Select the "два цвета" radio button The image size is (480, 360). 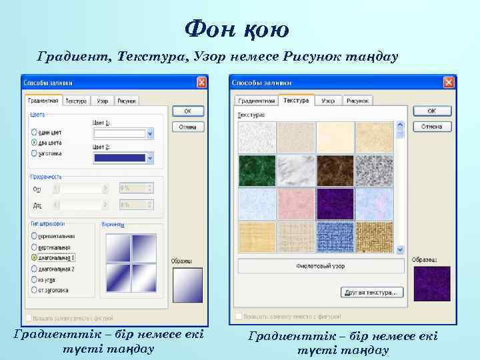click(34, 143)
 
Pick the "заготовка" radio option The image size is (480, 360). click(34, 153)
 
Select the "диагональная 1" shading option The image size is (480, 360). click(34, 257)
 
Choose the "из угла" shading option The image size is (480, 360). click(34, 279)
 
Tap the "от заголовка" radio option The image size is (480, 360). click(34, 291)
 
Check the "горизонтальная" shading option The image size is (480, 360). click(34, 235)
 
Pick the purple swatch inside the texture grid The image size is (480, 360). click(335, 203)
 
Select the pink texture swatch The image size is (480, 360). click(295, 203)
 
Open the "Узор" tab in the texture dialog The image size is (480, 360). click(327, 101)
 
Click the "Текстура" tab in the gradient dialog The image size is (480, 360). click(76, 101)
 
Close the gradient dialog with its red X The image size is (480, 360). click(201, 83)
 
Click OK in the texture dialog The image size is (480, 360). click(431, 111)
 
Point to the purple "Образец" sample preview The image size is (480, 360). click(431, 283)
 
